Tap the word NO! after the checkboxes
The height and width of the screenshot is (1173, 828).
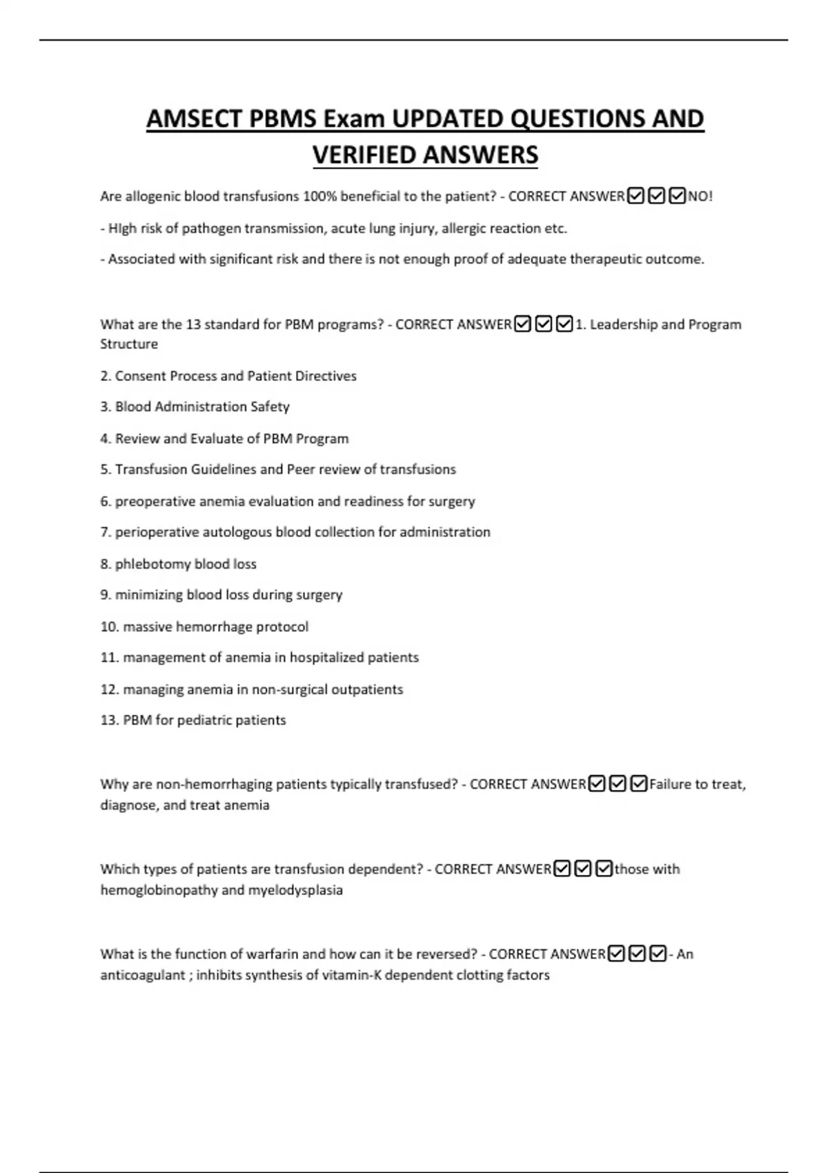(x=700, y=197)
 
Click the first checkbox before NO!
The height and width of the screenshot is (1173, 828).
(x=636, y=197)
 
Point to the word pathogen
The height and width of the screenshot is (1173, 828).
(x=208, y=228)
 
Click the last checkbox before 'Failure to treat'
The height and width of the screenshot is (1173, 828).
(x=639, y=785)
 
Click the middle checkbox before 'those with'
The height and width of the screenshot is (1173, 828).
(x=583, y=869)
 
